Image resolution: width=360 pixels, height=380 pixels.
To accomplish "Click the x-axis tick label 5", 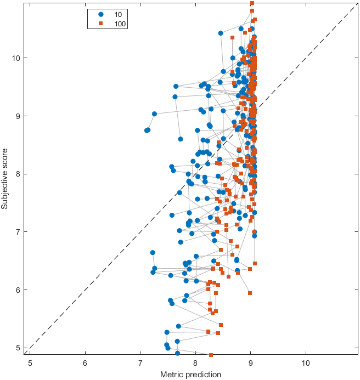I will [30, 362].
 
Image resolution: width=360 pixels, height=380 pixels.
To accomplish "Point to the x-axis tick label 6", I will [85, 362].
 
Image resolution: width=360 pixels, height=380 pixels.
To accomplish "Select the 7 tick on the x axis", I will [140, 362].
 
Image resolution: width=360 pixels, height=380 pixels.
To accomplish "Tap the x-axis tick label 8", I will [195, 362].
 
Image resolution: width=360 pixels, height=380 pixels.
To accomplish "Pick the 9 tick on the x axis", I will [251, 362].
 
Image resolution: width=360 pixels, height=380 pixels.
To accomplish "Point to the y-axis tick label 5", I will [19, 348].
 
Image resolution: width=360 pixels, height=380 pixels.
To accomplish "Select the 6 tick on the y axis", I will [19, 290].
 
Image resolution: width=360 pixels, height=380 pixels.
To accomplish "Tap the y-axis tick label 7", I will [19, 232].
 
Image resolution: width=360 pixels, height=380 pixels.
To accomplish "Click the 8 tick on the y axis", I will [19, 174].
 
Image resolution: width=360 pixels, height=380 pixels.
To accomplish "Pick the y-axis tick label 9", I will [19, 116].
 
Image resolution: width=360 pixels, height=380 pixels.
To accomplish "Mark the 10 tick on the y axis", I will [16, 58].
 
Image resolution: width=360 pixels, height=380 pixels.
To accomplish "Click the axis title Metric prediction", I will [190, 374].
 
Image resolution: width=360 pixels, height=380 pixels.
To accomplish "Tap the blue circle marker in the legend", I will [100, 13].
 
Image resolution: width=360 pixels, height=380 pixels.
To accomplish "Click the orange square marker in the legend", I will [100, 24].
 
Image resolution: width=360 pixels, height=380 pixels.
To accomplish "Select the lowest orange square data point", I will [211, 355].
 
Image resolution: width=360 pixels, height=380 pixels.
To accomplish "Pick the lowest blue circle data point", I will [177, 354].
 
